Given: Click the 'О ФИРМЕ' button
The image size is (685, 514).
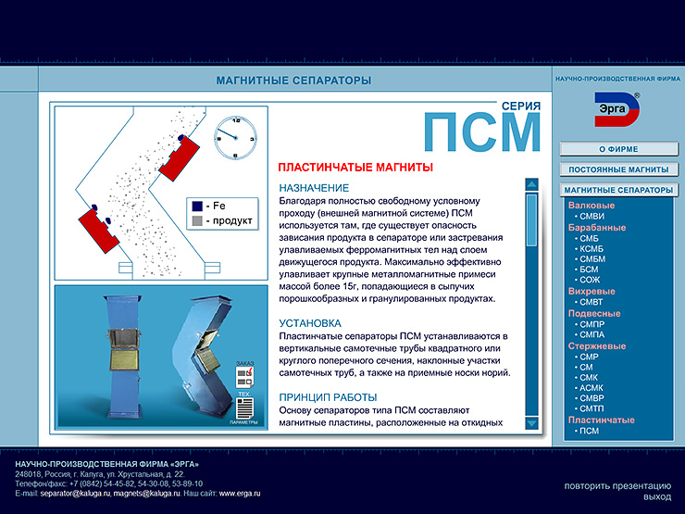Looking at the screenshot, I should (618, 149).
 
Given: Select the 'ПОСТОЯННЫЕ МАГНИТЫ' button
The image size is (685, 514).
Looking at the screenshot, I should (618, 170).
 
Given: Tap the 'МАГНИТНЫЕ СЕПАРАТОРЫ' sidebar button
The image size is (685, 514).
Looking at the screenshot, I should (618, 191).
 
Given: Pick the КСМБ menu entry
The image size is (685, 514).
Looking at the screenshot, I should (592, 249).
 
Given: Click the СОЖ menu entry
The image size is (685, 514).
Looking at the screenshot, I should (590, 280).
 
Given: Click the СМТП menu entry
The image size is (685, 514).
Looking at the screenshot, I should (592, 408).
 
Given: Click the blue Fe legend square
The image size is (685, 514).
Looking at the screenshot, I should (196, 206).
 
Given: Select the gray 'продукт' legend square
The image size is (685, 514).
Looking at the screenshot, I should (196, 221).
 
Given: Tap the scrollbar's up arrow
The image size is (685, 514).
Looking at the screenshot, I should (531, 184).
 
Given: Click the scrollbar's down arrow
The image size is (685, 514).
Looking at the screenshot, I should (531, 423).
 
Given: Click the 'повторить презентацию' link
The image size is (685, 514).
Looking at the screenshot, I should (617, 485).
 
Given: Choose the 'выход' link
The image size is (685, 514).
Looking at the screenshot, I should (657, 497).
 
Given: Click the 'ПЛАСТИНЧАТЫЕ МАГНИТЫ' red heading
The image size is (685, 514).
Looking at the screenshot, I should (355, 168).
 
